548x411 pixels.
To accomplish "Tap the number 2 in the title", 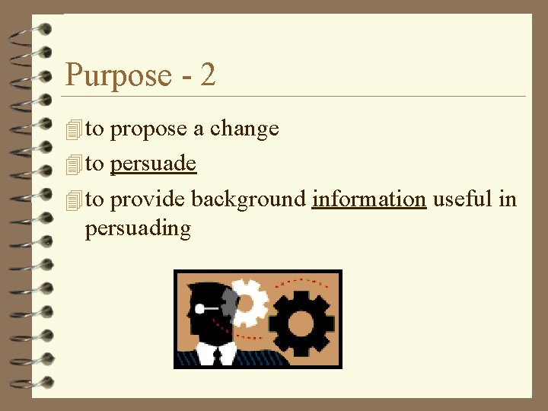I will pos(208,75).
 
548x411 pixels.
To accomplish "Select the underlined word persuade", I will pos(153,164).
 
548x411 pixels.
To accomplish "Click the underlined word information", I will pos(368,199).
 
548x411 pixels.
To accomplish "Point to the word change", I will pos(244,129).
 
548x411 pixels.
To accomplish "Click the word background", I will pos(248,199).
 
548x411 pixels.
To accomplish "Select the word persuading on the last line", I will pos(138,229).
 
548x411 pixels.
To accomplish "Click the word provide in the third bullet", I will pos(148,199).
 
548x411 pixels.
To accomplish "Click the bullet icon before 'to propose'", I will pos(73,130).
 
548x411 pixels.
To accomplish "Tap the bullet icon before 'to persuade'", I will pos(73,164).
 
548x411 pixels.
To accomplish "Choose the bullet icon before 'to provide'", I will pos(73,200).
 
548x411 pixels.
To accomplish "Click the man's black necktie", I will pos(217,355).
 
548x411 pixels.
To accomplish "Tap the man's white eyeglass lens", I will pos(199,308).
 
